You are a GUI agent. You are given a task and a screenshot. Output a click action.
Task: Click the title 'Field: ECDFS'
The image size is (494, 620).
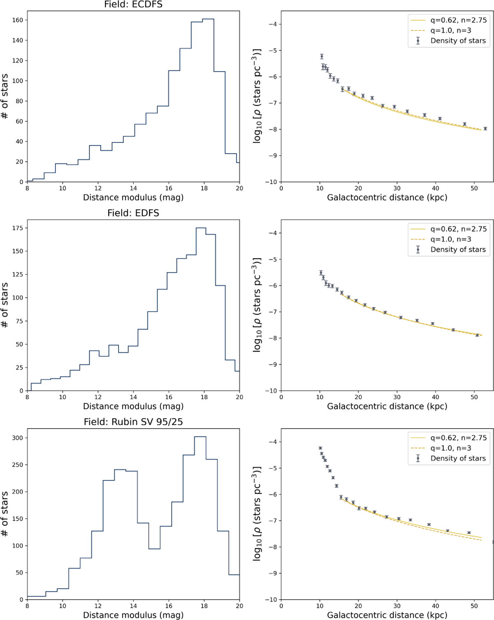pyautogui.click(x=133, y=5)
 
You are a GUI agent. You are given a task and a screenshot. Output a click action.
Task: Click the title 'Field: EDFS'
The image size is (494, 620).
pyautogui.click(x=133, y=213)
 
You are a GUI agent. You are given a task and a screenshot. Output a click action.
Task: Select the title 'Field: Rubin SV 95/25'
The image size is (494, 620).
pyautogui.click(x=133, y=422)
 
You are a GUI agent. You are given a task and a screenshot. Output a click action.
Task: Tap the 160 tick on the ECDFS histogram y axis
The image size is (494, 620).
pyautogui.click(x=18, y=20)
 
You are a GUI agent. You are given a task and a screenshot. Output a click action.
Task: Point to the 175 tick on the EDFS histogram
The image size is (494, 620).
pyautogui.click(x=18, y=228)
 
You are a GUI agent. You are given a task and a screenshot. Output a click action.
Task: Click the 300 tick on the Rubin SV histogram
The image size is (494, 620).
pyautogui.click(x=18, y=438)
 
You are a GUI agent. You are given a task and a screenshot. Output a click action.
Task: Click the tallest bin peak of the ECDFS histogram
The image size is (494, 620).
pyautogui.click(x=208, y=19)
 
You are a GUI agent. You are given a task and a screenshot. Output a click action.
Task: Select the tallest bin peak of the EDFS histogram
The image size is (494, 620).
pyautogui.click(x=201, y=228)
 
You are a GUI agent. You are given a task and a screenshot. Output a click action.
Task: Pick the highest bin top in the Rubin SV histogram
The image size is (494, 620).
pyautogui.click(x=200, y=436)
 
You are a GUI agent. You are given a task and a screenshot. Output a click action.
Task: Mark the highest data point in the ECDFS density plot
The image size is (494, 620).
pyautogui.click(x=322, y=56)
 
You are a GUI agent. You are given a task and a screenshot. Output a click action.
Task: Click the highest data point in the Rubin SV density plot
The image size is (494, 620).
pyautogui.click(x=320, y=448)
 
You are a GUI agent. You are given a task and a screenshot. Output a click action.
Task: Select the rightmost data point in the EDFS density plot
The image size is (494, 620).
pyautogui.click(x=477, y=335)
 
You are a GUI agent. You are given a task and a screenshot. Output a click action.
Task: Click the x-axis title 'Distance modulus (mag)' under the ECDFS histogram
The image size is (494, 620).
pyautogui.click(x=133, y=198)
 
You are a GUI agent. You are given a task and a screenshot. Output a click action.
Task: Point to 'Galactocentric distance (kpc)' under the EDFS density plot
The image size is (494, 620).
pyautogui.click(x=387, y=406)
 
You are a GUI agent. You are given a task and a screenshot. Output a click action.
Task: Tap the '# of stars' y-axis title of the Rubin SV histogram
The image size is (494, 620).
pyautogui.click(x=5, y=514)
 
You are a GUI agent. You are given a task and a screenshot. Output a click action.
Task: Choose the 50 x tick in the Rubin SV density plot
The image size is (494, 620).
pyautogui.click(x=474, y=606)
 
